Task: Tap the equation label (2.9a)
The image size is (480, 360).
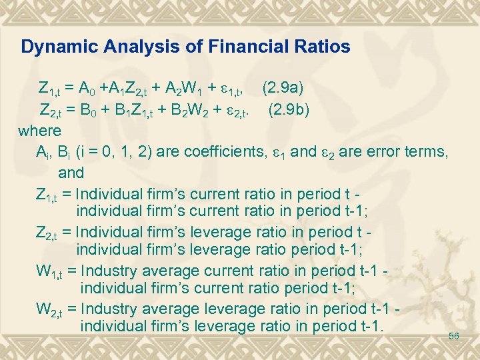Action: coord(285,87)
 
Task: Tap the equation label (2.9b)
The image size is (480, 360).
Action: coord(289,109)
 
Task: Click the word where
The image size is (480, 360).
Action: coord(40,130)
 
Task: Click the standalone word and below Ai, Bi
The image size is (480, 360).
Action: coord(71,173)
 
